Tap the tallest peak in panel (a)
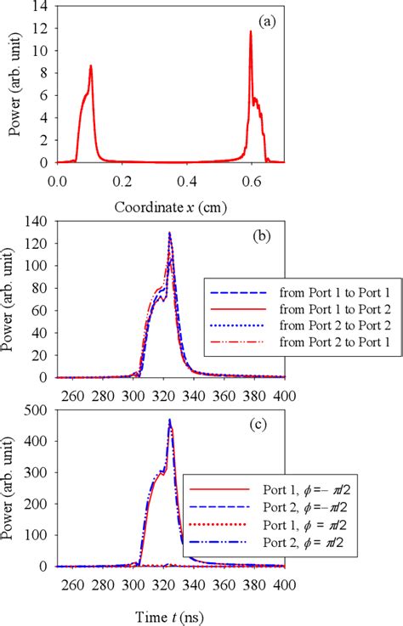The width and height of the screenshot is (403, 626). coord(251,32)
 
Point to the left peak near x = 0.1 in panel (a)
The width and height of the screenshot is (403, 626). coord(90,65)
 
